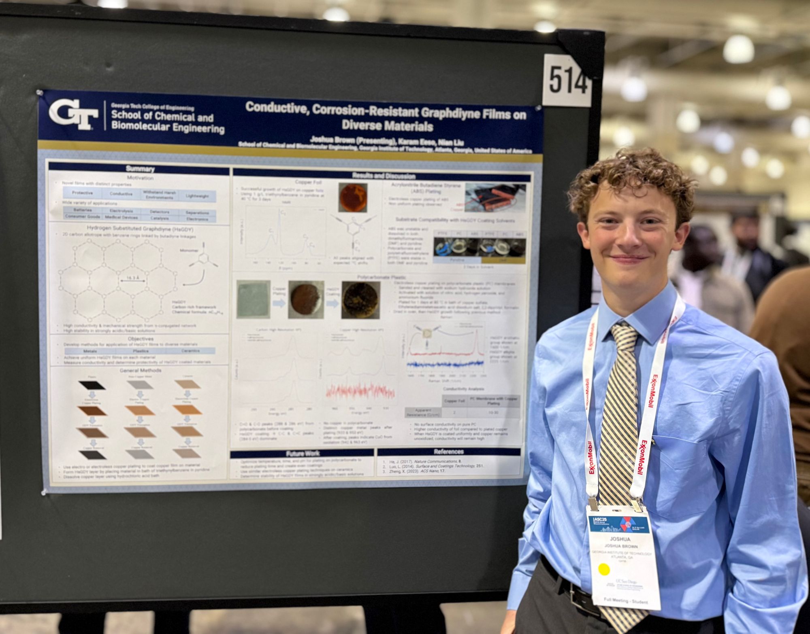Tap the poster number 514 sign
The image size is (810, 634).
[567, 81]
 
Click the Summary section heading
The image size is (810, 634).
[140, 169]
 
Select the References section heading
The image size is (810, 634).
[448, 452]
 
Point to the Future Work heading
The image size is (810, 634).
[303, 454]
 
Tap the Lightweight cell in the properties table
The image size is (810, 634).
[197, 196]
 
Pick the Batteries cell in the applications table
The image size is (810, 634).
[83, 210]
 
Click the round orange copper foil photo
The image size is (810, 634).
[353, 198]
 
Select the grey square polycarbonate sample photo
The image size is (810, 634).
[254, 300]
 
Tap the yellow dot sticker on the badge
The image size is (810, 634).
[603, 569]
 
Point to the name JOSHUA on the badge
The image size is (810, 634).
[620, 539]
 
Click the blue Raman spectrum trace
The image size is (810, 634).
[446, 364]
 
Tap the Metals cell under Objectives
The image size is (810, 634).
[90, 351]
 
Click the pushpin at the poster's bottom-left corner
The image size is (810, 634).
[44, 492]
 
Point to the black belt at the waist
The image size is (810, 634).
[575, 591]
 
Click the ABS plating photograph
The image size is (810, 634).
[495, 197]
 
